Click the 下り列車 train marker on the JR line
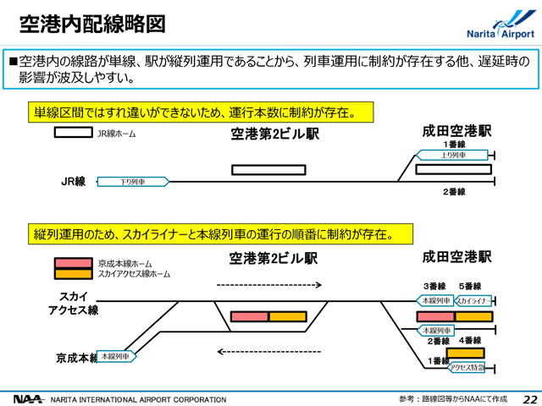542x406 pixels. tap(132, 181)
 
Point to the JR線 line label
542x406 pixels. tap(74, 181)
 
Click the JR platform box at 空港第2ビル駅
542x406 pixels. tap(268, 169)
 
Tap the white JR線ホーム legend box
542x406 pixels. tap(74, 133)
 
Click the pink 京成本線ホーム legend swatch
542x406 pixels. tap(74, 263)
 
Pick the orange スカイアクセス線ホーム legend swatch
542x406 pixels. tap(74, 274)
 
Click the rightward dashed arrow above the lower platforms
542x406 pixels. tap(268, 285)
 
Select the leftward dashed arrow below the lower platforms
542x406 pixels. tap(268, 351)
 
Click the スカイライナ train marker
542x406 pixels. tap(473, 300)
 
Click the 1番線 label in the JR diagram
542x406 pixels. tap(456, 145)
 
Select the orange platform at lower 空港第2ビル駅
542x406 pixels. tap(288, 316)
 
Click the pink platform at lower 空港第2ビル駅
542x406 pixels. tap(250, 316)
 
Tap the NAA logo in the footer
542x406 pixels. tap(27, 398)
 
